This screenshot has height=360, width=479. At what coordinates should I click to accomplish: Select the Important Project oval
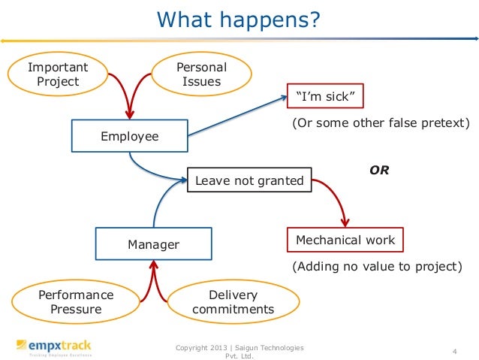point(58,74)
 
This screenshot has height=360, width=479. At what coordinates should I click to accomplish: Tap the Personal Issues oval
point(201,74)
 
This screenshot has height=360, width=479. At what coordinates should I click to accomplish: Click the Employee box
point(130,136)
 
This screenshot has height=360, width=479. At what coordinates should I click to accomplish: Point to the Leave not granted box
point(249,180)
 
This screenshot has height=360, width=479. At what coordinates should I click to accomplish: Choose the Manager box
point(153,244)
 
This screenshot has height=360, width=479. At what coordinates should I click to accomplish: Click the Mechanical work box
point(345,241)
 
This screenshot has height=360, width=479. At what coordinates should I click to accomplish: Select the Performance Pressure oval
point(76,302)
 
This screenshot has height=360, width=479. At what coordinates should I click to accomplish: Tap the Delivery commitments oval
point(233,302)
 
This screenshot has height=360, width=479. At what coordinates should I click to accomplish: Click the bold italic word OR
point(379,170)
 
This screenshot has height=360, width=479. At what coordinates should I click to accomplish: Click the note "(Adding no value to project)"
point(375,267)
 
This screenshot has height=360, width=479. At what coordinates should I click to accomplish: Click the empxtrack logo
point(53,347)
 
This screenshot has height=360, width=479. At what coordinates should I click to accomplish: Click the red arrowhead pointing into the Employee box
point(130,114)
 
